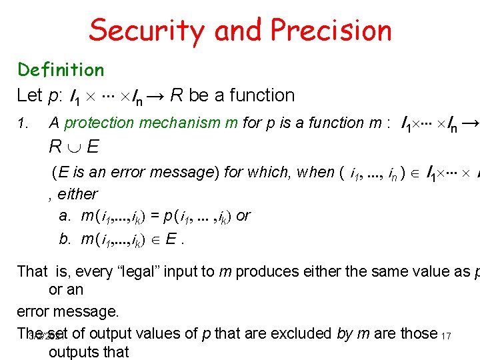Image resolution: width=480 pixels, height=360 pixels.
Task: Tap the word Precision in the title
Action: click(x=331, y=30)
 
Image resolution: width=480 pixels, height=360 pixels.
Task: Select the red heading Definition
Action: click(x=61, y=70)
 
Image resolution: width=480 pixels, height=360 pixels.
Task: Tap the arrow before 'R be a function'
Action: click(x=153, y=96)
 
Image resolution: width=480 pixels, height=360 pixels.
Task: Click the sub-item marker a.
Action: click(x=64, y=216)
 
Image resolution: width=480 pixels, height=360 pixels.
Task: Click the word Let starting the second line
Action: click(x=29, y=96)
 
